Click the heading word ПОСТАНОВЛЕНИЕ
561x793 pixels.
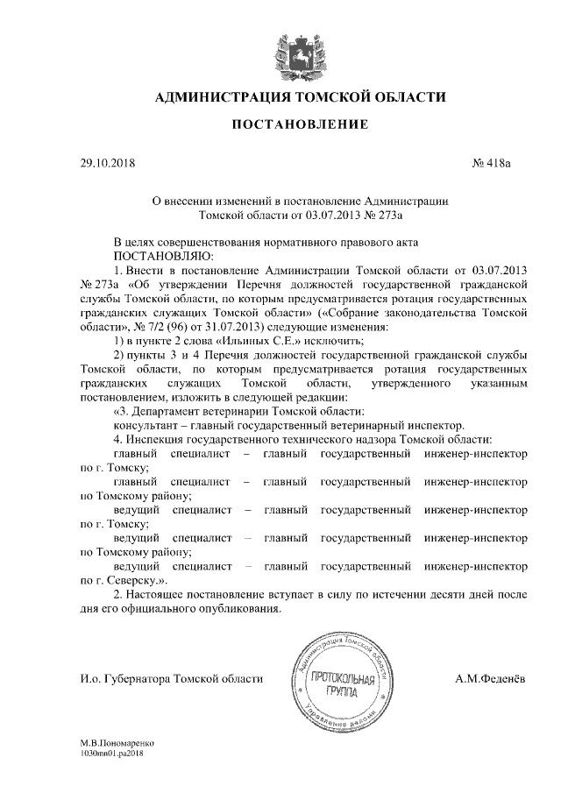click(299, 126)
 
